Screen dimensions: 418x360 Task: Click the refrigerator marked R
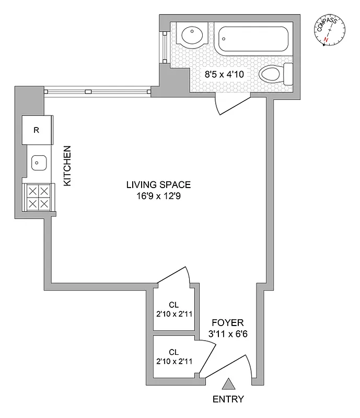36,130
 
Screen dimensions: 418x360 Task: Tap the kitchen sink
37,163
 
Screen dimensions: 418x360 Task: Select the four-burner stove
38,198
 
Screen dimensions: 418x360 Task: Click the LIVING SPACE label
158,184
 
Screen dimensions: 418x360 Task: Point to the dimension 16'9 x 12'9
158,196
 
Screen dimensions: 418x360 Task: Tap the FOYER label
227,322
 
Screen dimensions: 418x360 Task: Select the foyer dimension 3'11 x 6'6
227,333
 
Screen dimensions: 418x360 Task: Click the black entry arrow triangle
228,385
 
